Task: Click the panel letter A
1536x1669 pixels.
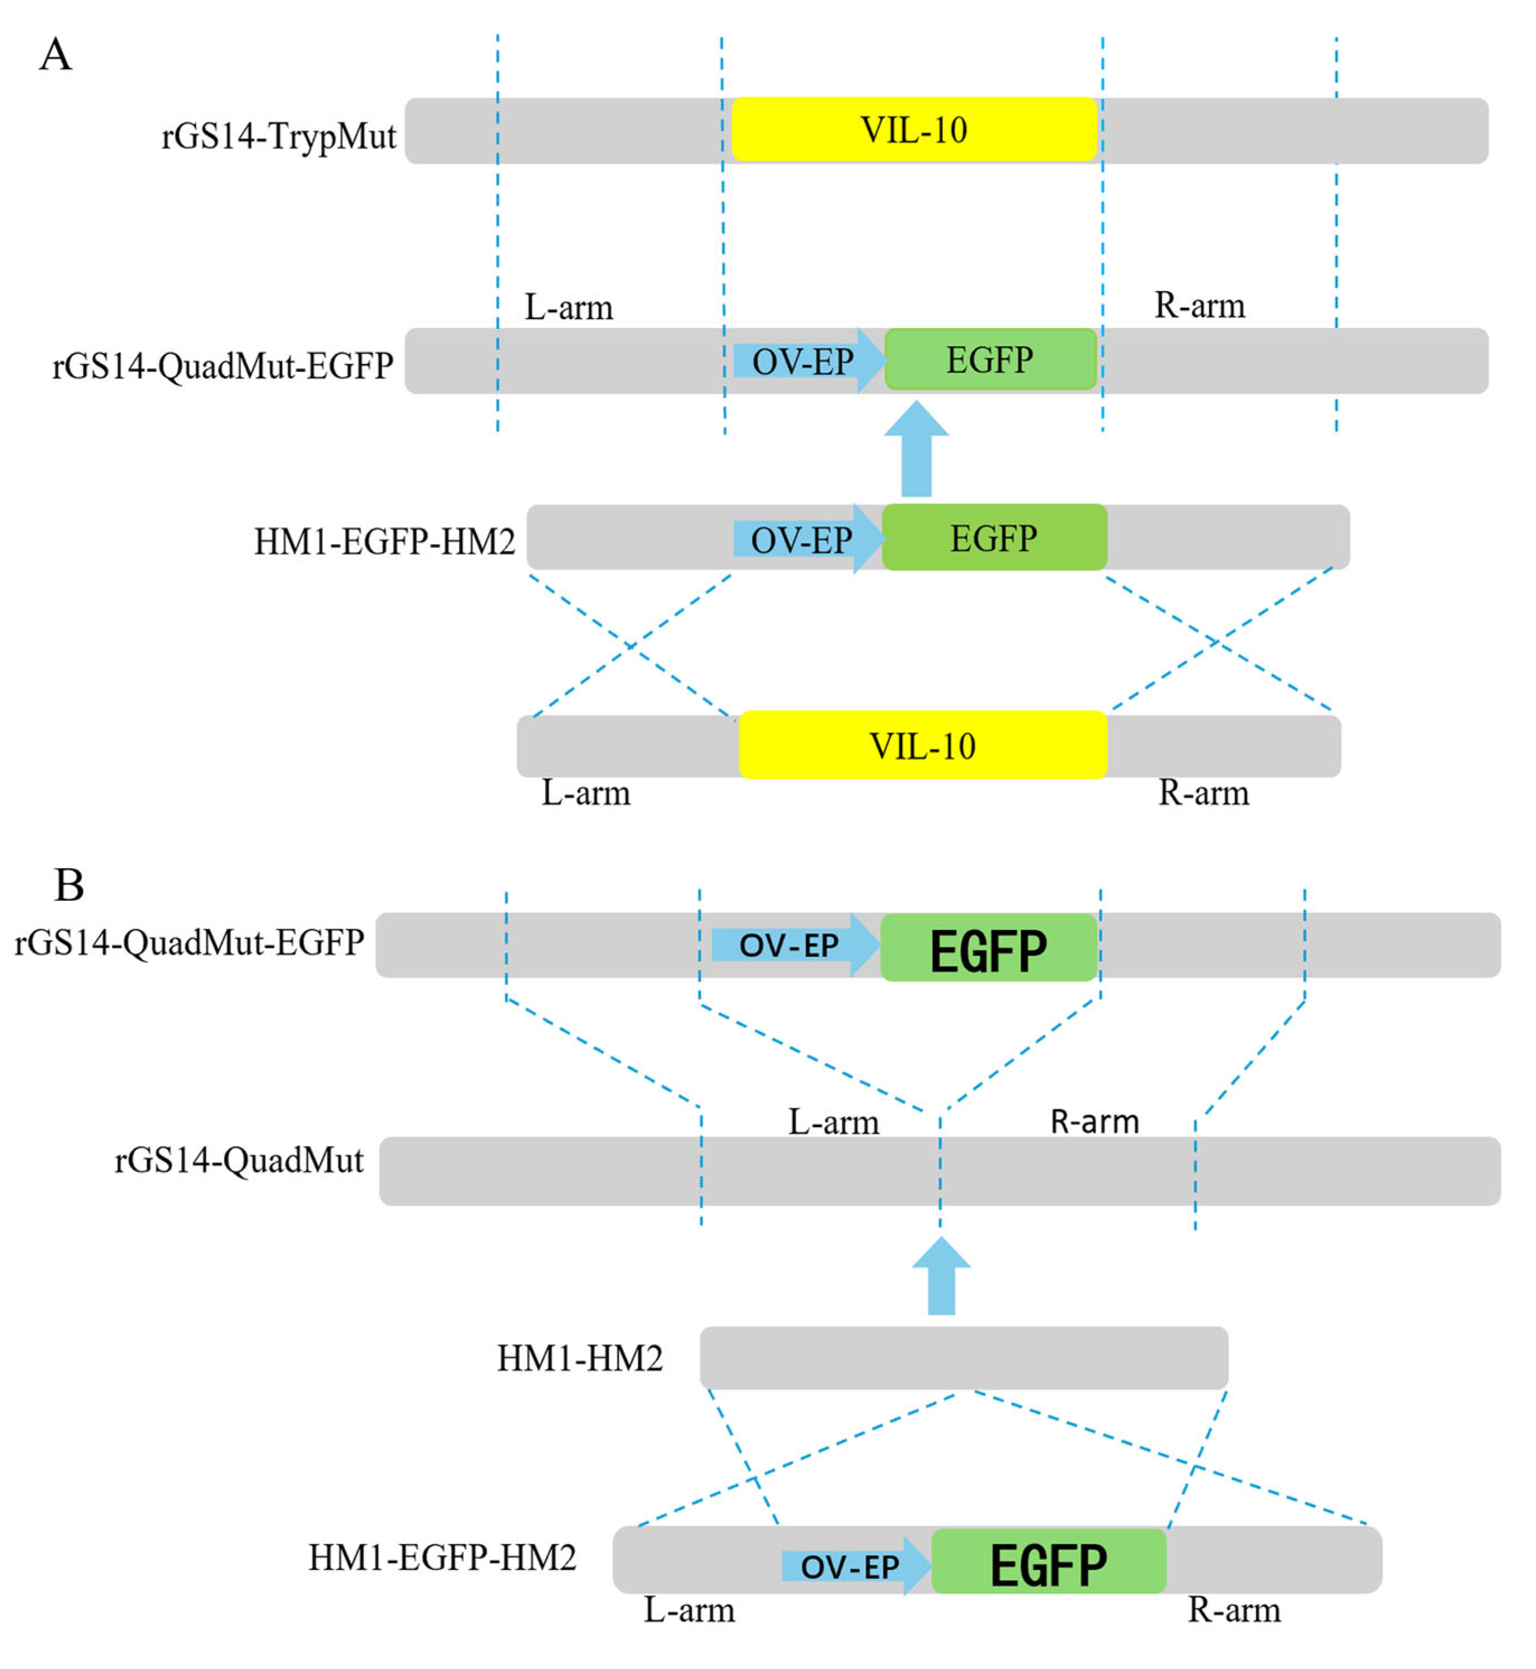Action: (x=56, y=55)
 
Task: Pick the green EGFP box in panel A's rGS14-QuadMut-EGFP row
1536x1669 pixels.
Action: (x=990, y=360)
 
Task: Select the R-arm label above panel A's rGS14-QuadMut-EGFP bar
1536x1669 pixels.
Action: (x=1199, y=306)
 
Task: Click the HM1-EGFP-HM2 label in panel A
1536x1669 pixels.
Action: (x=384, y=542)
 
